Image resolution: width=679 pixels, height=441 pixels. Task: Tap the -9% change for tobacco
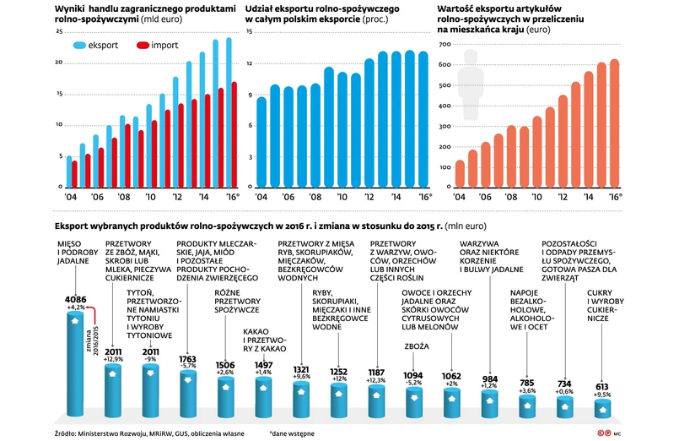coord(150,360)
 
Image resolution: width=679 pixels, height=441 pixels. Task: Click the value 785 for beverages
coord(528,384)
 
